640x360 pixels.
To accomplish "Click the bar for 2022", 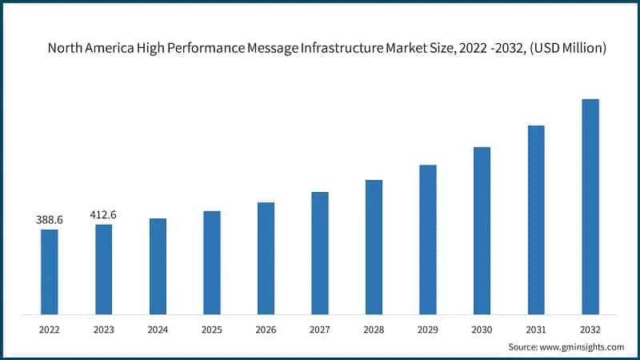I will (50, 271).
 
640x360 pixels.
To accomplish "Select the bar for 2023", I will (103, 269).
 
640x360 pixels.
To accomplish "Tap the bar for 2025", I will (211, 262).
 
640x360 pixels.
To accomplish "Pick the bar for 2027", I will (320, 253).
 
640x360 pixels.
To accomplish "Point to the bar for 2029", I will (428, 239).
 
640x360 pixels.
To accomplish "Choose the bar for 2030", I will (482, 230).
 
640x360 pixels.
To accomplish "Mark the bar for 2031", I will (536, 219).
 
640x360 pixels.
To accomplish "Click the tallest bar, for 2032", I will (590, 206).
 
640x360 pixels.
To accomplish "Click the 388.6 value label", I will (50, 219).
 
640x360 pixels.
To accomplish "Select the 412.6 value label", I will (103, 214).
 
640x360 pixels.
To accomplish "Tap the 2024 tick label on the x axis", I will (158, 328).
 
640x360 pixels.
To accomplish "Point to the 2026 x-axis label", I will (266, 328).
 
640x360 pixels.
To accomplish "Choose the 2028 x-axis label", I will (374, 328).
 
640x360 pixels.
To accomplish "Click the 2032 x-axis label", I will (590, 328).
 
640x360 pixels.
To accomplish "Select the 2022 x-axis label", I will (50, 328).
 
